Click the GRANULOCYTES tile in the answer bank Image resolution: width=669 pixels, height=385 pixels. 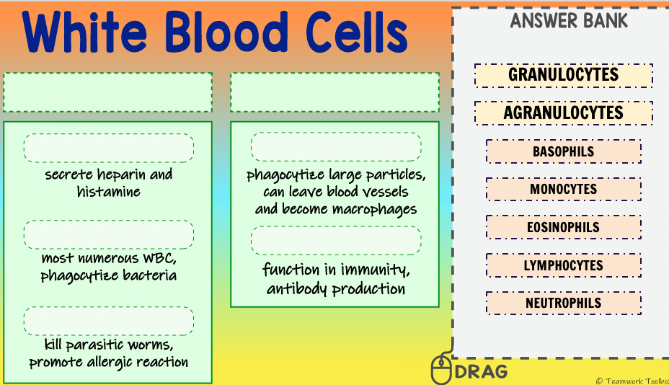tap(563, 75)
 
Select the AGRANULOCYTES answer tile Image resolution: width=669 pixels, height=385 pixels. tap(563, 113)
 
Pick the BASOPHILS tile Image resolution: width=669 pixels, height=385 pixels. tap(563, 151)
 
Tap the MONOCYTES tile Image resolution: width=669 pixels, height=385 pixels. tap(563, 190)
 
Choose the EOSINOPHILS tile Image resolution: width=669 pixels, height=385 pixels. tap(563, 227)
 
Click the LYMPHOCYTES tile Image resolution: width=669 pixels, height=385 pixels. tap(563, 265)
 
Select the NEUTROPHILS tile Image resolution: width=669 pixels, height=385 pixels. tap(563, 303)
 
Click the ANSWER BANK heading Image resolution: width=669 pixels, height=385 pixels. tap(569, 21)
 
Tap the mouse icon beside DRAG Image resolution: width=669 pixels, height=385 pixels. tap(440, 369)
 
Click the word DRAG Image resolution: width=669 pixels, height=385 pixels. tap(481, 372)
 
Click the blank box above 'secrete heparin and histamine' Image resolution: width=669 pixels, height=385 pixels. tap(108, 148)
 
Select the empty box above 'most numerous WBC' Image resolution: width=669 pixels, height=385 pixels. tap(108, 234)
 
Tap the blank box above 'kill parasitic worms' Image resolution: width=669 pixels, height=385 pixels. tap(108, 321)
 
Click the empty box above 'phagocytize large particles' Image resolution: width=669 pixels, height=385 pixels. tap(335, 146)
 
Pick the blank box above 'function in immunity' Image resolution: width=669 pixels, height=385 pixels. tap(335, 240)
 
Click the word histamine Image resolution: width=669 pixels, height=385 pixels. tap(108, 192)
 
